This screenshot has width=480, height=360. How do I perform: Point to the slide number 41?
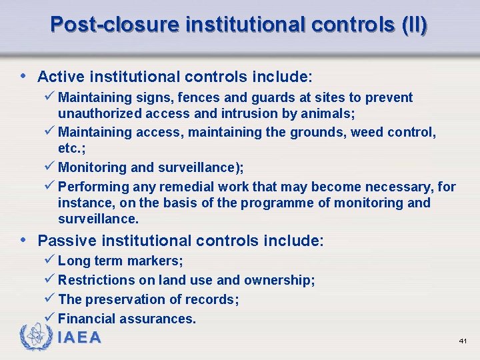[463, 341]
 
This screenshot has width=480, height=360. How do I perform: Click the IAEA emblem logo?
[35, 337]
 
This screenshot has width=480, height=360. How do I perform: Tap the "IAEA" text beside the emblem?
[80, 338]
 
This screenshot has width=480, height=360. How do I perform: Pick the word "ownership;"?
[279, 280]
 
